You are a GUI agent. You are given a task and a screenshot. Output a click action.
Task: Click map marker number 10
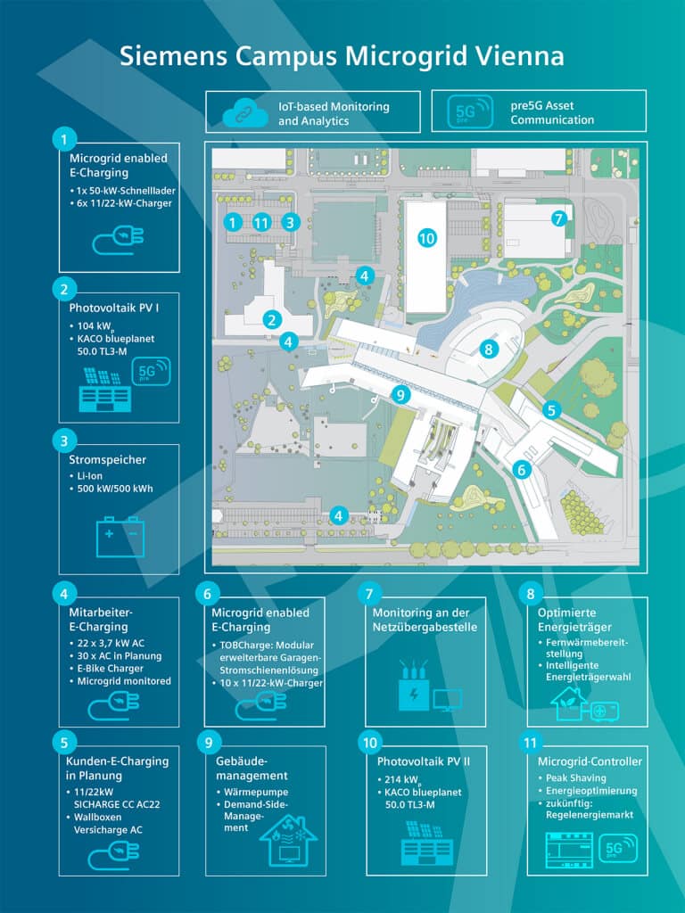[426, 237]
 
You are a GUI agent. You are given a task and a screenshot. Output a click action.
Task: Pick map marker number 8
[488, 349]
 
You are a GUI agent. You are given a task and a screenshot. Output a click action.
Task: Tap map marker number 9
[400, 394]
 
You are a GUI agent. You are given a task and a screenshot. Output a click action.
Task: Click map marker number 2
[273, 319]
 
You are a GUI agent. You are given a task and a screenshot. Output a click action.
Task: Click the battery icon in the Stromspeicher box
[120, 537]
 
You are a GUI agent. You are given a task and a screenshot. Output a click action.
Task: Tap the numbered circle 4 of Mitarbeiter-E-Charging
[63, 591]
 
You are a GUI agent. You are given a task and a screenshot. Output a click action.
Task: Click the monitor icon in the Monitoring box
[447, 699]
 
